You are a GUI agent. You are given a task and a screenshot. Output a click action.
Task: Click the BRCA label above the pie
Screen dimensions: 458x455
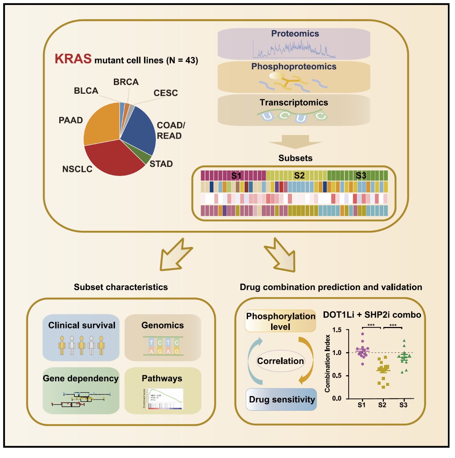tap(126, 82)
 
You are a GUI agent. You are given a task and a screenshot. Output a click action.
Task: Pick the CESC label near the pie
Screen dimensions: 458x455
tap(166, 93)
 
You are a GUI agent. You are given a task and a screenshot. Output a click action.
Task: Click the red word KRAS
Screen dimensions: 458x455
tap(73, 59)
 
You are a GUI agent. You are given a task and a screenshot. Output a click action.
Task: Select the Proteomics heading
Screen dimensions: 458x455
tap(295, 34)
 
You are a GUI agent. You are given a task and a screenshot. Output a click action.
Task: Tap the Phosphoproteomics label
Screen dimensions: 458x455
tap(294, 67)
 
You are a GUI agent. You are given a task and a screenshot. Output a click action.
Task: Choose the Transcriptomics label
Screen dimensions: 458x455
tap(294, 103)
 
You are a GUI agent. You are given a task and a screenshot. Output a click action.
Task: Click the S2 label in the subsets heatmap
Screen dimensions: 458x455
tap(299, 176)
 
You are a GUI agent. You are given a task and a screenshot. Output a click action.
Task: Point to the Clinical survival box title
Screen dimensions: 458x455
tap(82, 326)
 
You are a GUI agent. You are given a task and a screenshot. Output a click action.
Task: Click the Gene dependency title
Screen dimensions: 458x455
tap(80, 379)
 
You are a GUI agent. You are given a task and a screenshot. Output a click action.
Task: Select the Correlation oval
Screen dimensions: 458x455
tap(280, 361)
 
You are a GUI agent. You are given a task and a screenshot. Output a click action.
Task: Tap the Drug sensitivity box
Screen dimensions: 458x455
tap(282, 399)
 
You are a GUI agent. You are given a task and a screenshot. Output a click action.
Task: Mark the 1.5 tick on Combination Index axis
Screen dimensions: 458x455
tap(337, 330)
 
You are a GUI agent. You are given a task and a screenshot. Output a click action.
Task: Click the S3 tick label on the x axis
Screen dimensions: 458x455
tap(403, 405)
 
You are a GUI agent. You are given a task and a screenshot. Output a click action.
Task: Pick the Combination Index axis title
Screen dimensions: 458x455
tap(327, 363)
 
